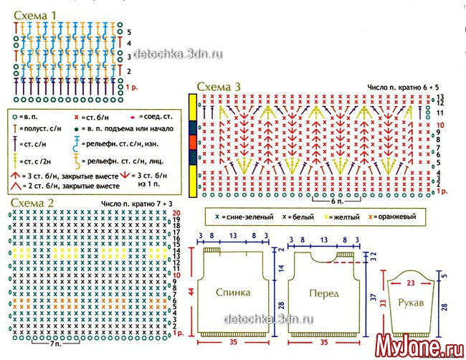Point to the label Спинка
coord(233,293)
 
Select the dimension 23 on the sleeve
coord(411,273)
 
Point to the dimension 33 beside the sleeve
coord(383,303)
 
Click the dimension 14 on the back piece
coord(282,267)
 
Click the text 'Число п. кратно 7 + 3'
coord(135,204)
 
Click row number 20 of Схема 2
coord(176,214)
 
